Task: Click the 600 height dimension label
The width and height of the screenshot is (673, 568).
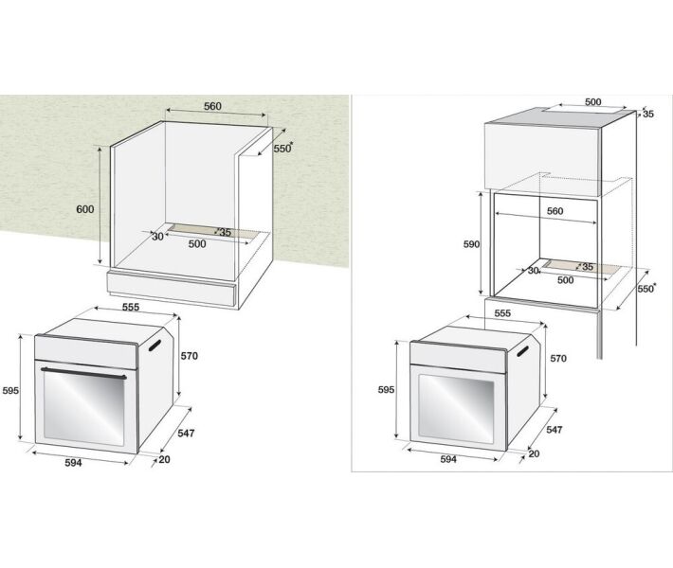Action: click(85, 209)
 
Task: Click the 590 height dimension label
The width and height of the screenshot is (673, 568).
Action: click(471, 244)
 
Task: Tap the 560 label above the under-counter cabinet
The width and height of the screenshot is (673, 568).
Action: click(212, 106)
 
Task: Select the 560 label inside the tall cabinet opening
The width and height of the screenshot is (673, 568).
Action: click(555, 211)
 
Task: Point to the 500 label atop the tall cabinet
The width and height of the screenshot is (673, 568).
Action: click(593, 101)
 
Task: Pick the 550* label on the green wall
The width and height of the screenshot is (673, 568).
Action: click(283, 148)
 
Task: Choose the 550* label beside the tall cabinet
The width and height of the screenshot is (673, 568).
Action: click(646, 288)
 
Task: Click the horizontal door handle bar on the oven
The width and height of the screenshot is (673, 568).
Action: click(83, 373)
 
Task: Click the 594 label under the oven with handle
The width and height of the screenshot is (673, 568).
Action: click(73, 463)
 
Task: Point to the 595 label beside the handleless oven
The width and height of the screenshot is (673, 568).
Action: click(386, 390)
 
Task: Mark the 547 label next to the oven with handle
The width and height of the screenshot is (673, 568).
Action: click(186, 433)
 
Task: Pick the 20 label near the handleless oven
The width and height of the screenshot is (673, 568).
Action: click(534, 453)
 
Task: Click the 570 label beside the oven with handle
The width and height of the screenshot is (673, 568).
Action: click(189, 356)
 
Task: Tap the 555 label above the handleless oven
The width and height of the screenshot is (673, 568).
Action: click(502, 313)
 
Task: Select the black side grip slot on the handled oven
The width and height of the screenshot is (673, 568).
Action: click(155, 346)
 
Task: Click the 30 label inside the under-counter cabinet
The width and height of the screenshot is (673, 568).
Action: click(158, 237)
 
